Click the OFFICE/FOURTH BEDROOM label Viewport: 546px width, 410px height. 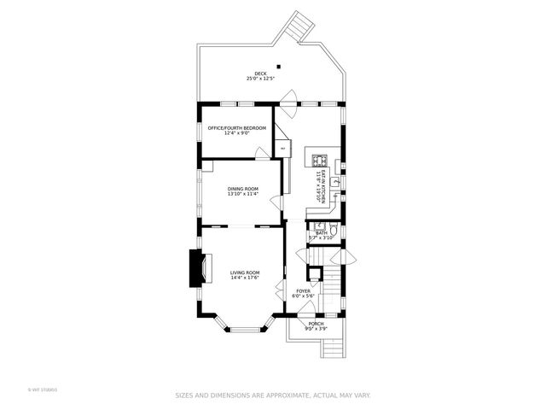[x=236, y=127]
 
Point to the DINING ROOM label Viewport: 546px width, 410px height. [x=242, y=188]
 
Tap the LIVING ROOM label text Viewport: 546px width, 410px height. [x=244, y=272]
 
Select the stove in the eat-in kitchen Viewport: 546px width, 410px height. [x=319, y=159]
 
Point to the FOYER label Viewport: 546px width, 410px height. [x=303, y=290]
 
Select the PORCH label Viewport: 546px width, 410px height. [x=316, y=324]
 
